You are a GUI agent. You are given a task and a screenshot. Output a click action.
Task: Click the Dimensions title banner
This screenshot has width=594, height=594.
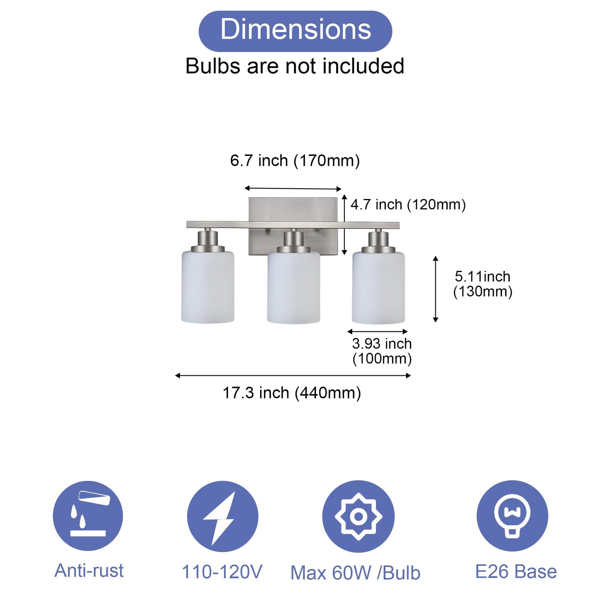click(295, 31)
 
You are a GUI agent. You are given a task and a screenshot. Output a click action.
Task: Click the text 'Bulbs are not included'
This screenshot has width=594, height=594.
click(295, 66)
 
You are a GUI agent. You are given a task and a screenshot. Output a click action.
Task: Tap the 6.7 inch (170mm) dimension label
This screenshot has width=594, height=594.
click(295, 160)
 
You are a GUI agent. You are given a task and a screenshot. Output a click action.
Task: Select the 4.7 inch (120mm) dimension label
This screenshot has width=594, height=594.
click(408, 204)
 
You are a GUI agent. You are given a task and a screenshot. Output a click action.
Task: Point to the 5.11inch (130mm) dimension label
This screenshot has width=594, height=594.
click(483, 284)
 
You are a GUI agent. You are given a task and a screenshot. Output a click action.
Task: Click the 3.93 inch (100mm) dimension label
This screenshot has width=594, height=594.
click(382, 351)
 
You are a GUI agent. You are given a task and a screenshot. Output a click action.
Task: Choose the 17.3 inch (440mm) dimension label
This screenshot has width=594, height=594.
click(292, 393)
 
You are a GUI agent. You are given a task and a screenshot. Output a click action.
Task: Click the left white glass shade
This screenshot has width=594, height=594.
click(208, 288)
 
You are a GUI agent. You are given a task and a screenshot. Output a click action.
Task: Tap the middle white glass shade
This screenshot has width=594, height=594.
click(294, 289)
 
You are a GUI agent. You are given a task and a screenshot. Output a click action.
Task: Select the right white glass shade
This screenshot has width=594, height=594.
click(379, 289)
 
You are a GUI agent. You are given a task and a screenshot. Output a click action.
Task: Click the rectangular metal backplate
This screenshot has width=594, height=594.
click(293, 210)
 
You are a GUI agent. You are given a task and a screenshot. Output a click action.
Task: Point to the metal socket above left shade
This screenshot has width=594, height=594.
click(208, 240)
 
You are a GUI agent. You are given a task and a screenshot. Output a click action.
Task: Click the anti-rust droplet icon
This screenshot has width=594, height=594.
click(88, 515)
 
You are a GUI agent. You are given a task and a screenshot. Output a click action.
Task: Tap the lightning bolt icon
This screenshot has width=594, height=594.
click(222, 516)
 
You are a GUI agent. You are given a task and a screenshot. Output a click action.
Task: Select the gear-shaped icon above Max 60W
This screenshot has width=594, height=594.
click(358, 516)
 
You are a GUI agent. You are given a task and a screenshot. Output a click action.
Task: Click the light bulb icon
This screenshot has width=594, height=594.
click(512, 515)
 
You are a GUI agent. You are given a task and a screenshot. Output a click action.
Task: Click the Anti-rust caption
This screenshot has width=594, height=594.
click(89, 571)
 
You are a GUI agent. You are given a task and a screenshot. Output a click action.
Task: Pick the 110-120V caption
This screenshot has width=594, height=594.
click(222, 572)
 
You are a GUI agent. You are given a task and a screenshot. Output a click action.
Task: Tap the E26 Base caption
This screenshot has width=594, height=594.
click(516, 572)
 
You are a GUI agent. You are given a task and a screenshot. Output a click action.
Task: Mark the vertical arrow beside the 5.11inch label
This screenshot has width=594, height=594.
click(436, 289)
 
